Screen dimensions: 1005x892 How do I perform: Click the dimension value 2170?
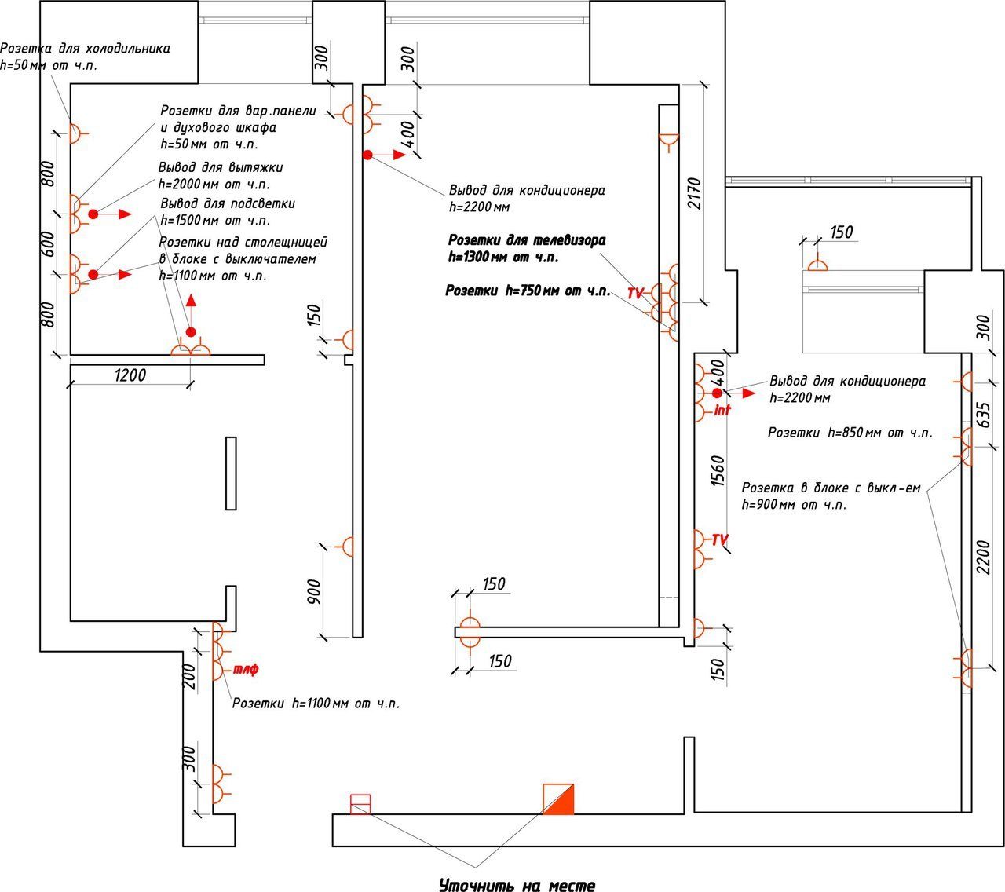[696, 193]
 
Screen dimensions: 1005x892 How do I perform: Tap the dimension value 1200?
[130, 375]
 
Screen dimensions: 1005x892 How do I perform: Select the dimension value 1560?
[718, 471]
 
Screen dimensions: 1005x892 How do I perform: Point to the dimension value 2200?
[983, 557]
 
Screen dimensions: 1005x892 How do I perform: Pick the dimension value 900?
[314, 591]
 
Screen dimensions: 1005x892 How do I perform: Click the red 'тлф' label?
[246, 669]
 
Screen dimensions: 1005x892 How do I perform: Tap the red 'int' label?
[722, 410]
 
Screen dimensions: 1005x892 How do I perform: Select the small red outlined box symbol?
[360, 804]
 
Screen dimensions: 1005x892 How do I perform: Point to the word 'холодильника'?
[128, 49]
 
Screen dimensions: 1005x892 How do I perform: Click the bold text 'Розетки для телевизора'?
[527, 240]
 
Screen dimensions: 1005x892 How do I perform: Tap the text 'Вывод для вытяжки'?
[221, 167]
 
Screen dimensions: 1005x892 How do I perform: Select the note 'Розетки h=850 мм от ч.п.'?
[850, 433]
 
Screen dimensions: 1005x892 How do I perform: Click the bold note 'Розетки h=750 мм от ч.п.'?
[528, 291]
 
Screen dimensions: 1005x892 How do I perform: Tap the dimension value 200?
[190, 676]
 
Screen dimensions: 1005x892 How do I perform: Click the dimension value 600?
[48, 243]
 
